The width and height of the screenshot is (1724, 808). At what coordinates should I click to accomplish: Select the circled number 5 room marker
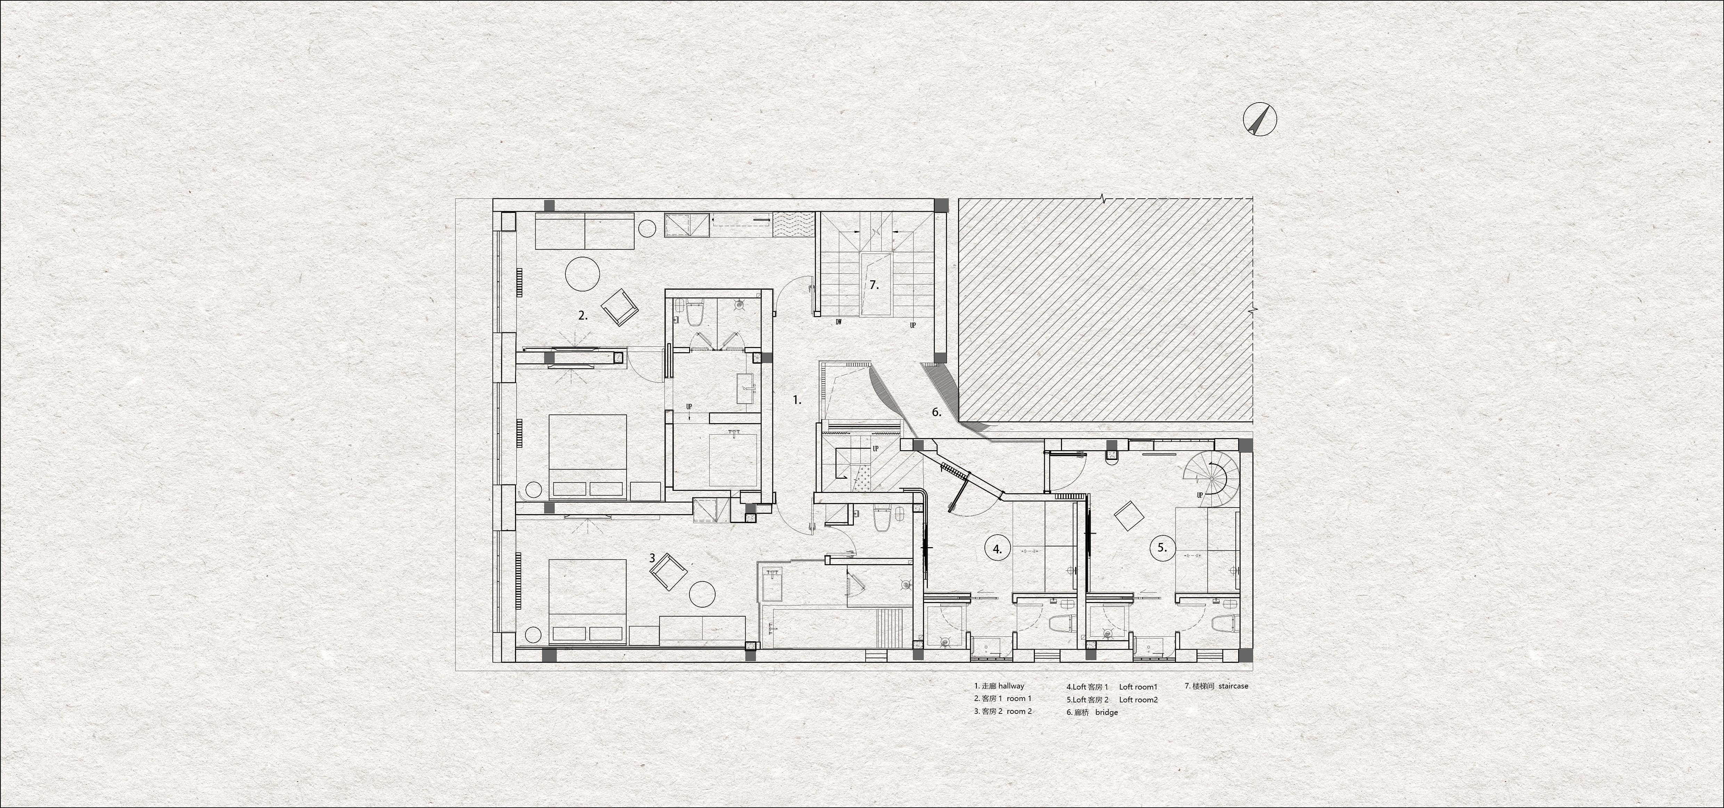tap(1162, 547)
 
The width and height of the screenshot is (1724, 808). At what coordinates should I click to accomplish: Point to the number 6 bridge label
tap(937, 412)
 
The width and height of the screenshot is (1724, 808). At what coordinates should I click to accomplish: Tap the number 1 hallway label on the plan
tap(796, 400)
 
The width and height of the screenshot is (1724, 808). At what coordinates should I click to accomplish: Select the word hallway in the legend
tap(1011, 686)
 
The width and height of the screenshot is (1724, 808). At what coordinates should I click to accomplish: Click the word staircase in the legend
tap(1233, 686)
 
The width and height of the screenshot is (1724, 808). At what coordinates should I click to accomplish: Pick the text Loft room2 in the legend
tap(1138, 700)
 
